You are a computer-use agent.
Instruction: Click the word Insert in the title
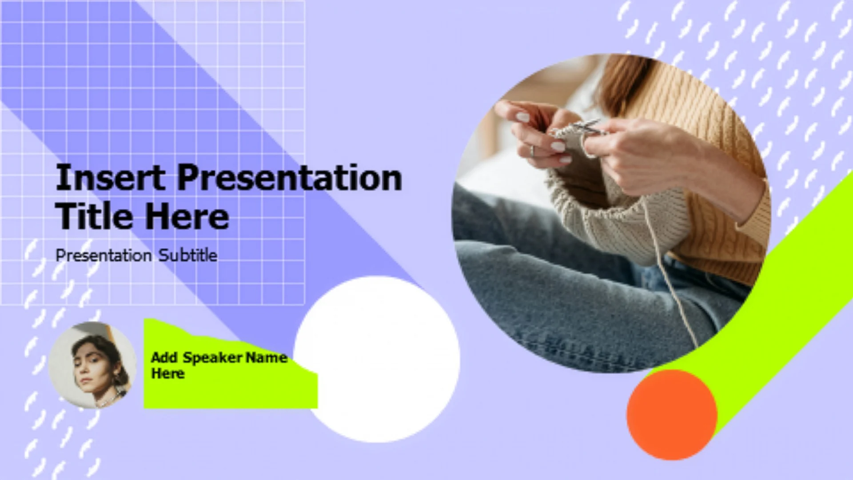pyautogui.click(x=110, y=177)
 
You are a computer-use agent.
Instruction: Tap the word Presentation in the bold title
pyautogui.click(x=290, y=177)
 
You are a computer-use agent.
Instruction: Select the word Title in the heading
pyautogui.click(x=94, y=216)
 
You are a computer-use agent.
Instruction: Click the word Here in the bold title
pyautogui.click(x=187, y=216)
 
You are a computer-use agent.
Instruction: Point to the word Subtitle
pyautogui.click(x=188, y=255)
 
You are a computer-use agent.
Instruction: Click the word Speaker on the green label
pyautogui.click(x=212, y=358)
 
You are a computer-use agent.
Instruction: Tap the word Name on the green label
pyautogui.click(x=267, y=357)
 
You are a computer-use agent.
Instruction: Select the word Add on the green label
pyautogui.click(x=164, y=357)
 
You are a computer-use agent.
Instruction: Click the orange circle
pyautogui.click(x=672, y=414)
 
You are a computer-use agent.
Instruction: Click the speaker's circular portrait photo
pyautogui.click(x=92, y=365)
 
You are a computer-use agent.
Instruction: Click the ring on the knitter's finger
pyautogui.click(x=532, y=151)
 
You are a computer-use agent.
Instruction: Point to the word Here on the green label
pyautogui.click(x=168, y=373)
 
